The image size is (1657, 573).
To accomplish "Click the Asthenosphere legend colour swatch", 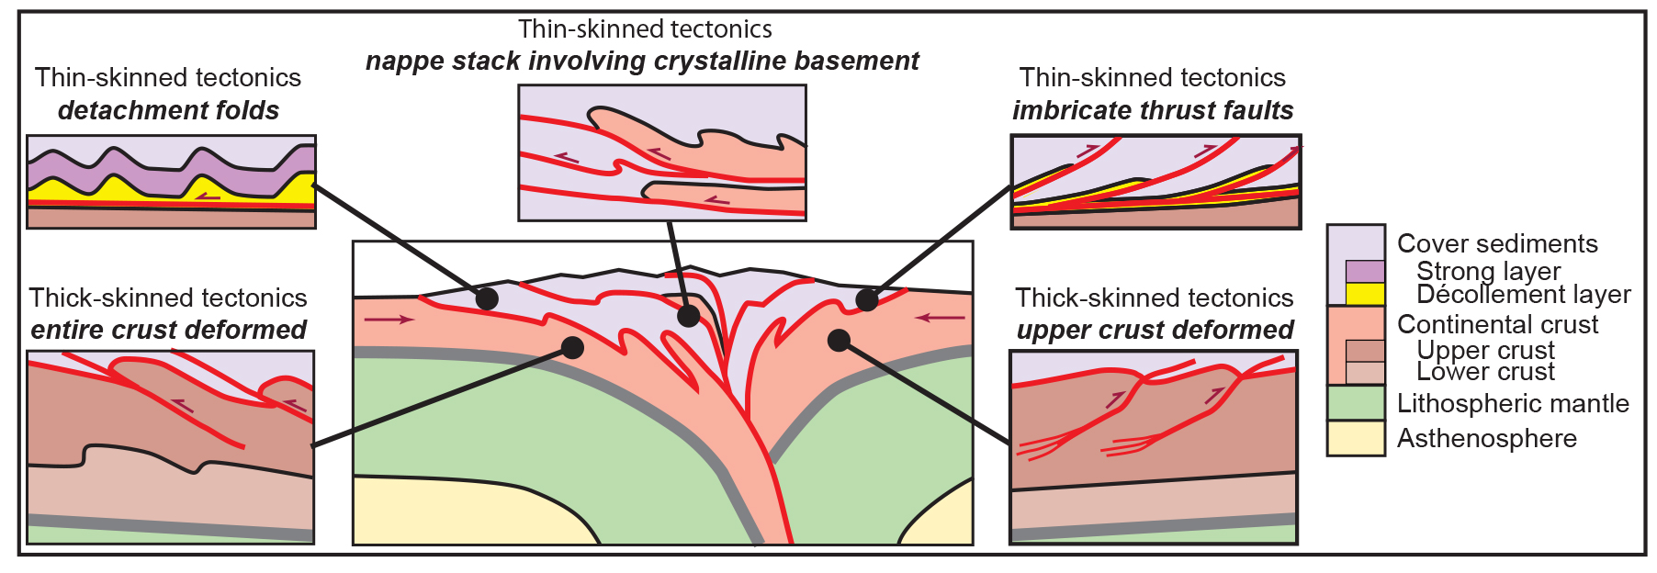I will click(x=1355, y=438).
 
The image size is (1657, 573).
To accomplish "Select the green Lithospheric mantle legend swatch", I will click(x=1355, y=403).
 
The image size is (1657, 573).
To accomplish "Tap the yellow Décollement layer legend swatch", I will click(x=1365, y=294).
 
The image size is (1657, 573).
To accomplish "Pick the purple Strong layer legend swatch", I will click(x=1365, y=271).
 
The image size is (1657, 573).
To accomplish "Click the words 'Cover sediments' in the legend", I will click(x=1497, y=243).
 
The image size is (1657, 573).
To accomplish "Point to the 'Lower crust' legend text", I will click(x=1485, y=372).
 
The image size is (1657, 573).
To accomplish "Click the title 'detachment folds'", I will click(x=168, y=110).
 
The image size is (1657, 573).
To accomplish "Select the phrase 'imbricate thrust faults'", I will click(x=1153, y=110).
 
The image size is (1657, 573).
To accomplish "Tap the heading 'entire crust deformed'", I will click(x=168, y=330).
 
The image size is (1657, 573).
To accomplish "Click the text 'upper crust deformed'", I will click(x=1155, y=330).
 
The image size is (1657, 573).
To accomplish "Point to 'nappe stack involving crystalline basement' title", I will click(x=642, y=61).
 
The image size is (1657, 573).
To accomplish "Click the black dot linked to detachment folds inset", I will click(x=487, y=298).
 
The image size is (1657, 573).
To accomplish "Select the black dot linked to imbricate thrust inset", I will click(x=866, y=299).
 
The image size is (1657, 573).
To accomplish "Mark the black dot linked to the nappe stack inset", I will click(x=688, y=317).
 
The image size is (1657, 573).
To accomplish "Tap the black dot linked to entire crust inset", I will click(x=572, y=347).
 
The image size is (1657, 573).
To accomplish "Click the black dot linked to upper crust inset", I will click(x=839, y=341).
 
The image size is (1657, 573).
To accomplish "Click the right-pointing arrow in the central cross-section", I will click(x=389, y=320).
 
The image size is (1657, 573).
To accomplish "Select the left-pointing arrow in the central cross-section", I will click(x=941, y=318).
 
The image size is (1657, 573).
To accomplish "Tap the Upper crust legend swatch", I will click(x=1365, y=351).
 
